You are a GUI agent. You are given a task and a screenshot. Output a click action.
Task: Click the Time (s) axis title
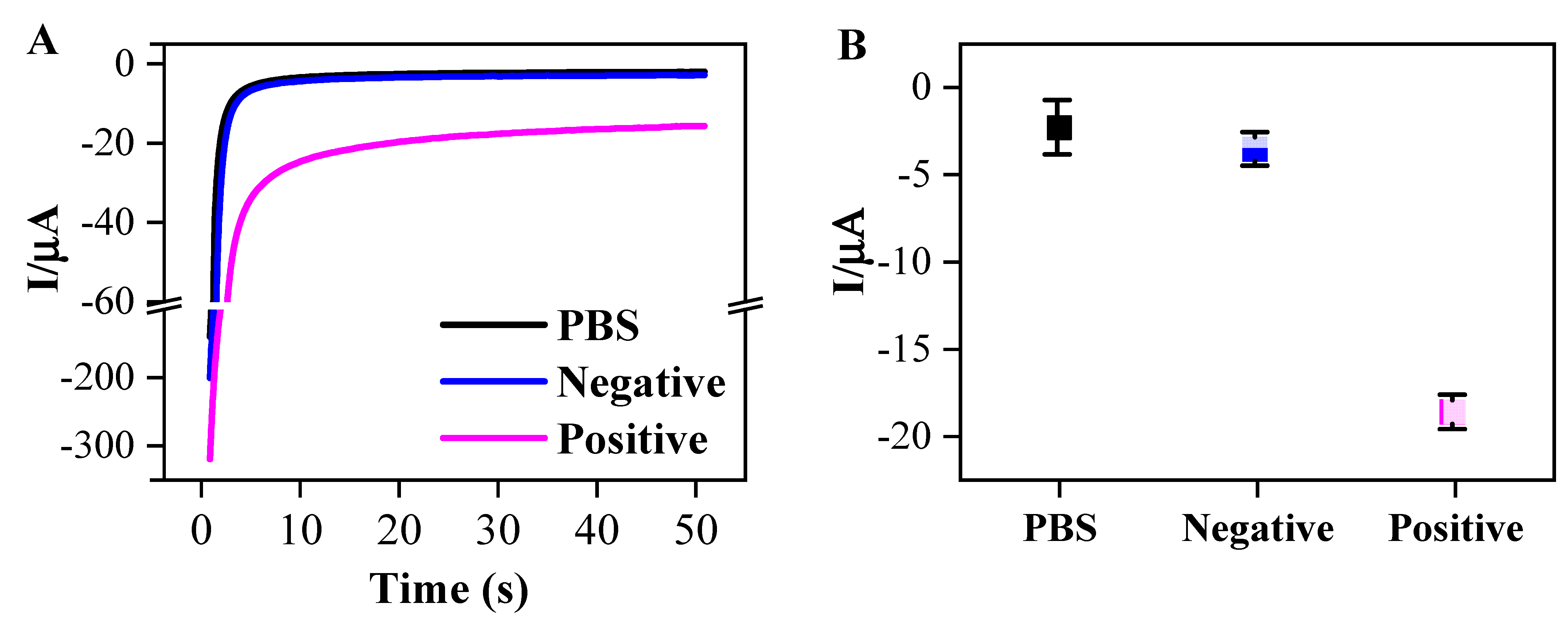point(449,589)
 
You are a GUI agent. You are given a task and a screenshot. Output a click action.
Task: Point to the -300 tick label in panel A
point(97,446)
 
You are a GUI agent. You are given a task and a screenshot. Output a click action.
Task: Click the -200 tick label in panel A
point(97,378)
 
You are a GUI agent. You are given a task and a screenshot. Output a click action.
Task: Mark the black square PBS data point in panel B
point(1059,128)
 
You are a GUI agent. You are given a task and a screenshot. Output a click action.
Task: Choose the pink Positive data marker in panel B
point(1453,412)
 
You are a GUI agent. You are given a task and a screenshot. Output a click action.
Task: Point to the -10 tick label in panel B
point(905,263)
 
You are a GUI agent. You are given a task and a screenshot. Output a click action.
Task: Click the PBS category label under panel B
point(1060,528)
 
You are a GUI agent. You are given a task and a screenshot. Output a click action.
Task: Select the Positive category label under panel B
point(1455,528)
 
